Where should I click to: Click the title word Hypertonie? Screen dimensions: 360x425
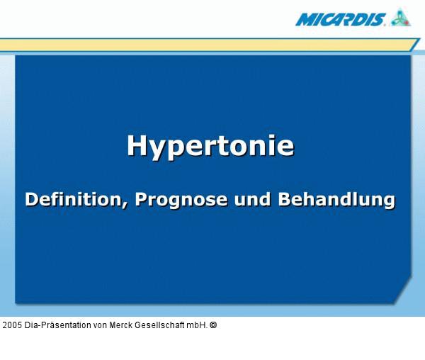[x=210, y=146]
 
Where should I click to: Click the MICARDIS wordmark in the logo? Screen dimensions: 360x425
[x=341, y=18]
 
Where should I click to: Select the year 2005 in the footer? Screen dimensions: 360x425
[x=12, y=325]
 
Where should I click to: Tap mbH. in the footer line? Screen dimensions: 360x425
[x=197, y=325]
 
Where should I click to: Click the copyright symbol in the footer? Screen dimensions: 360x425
[x=213, y=325]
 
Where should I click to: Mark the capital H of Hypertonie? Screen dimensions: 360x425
[x=136, y=145]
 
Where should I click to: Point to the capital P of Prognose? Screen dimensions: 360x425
[x=141, y=199]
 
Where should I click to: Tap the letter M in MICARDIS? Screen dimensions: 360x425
[x=304, y=19]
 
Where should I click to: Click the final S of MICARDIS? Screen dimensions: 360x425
[x=379, y=18]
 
